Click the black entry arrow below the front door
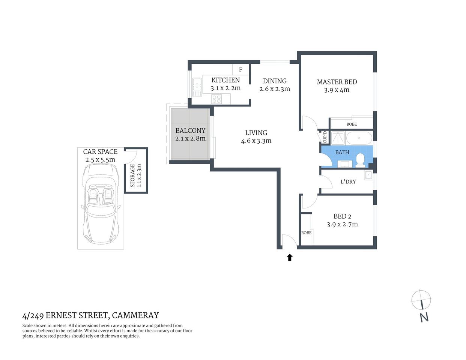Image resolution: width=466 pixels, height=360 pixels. tap(290, 257)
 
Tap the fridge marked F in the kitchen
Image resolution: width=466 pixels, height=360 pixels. tap(241, 70)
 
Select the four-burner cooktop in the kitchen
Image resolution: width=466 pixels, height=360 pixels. tap(216, 99)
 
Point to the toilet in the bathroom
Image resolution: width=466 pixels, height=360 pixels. tap(360, 159)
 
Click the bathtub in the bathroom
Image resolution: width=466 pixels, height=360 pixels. tap(359, 138)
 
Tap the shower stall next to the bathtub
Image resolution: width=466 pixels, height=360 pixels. tap(338, 138)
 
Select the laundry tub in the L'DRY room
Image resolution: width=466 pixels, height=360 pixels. tap(368, 175)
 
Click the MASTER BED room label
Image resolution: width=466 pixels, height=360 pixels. tap(337, 82)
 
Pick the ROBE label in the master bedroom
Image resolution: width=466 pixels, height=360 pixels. tap(352, 124)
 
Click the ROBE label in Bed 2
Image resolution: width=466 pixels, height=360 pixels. tap(306, 233)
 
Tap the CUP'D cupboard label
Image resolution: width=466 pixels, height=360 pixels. tap(325, 137)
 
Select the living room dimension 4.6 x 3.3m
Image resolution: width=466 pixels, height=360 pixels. tap(256, 141)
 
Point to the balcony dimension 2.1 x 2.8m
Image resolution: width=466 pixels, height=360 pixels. tap(190, 138)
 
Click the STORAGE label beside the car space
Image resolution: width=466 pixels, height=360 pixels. tap(132, 175)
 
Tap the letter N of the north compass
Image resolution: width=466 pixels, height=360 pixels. tap(424, 317)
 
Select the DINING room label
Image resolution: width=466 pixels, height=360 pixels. tap(275, 81)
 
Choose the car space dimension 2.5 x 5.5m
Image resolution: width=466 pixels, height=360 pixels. tap(100, 159)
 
